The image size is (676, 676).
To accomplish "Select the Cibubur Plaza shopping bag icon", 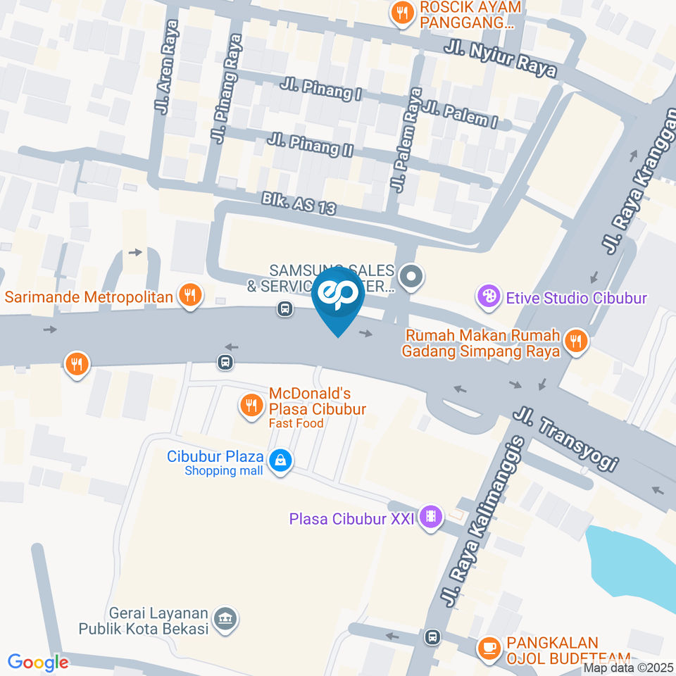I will (x=280, y=461).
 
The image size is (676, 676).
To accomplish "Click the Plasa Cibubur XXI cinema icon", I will (x=431, y=518).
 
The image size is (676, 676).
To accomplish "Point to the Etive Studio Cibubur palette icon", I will (x=487, y=296).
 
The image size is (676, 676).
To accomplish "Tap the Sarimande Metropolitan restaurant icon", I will (x=189, y=295).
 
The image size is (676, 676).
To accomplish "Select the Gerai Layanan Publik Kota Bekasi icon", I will (x=226, y=619).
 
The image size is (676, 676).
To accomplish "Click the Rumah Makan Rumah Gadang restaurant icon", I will (x=575, y=342).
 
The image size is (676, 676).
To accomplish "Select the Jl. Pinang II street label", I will (x=310, y=145).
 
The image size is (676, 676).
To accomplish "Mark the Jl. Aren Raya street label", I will (x=166, y=67).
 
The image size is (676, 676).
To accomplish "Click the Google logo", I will (x=38, y=663).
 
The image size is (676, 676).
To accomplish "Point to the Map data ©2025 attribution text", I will (x=629, y=668).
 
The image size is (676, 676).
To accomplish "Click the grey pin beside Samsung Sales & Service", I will (x=411, y=275).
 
